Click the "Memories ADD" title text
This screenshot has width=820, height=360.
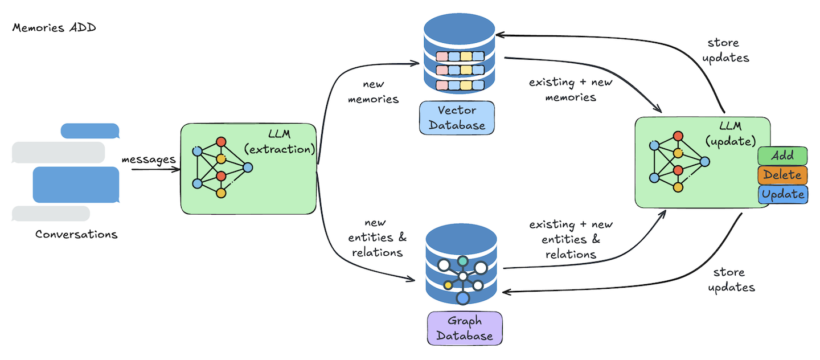point(54,28)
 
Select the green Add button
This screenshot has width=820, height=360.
point(782,156)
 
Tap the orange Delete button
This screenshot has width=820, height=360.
point(782,175)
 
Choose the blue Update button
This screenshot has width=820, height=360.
point(782,194)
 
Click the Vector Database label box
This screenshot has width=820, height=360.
point(457,117)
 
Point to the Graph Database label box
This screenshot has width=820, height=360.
point(465,328)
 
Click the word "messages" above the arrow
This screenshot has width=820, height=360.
point(149,159)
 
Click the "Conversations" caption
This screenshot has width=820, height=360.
point(76,234)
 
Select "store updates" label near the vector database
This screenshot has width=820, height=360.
point(728,50)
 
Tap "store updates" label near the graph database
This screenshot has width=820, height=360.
point(731,280)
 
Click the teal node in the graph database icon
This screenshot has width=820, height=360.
point(463,260)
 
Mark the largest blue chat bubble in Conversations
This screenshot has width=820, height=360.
point(76,185)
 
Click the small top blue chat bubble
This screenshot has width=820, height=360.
point(89,130)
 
